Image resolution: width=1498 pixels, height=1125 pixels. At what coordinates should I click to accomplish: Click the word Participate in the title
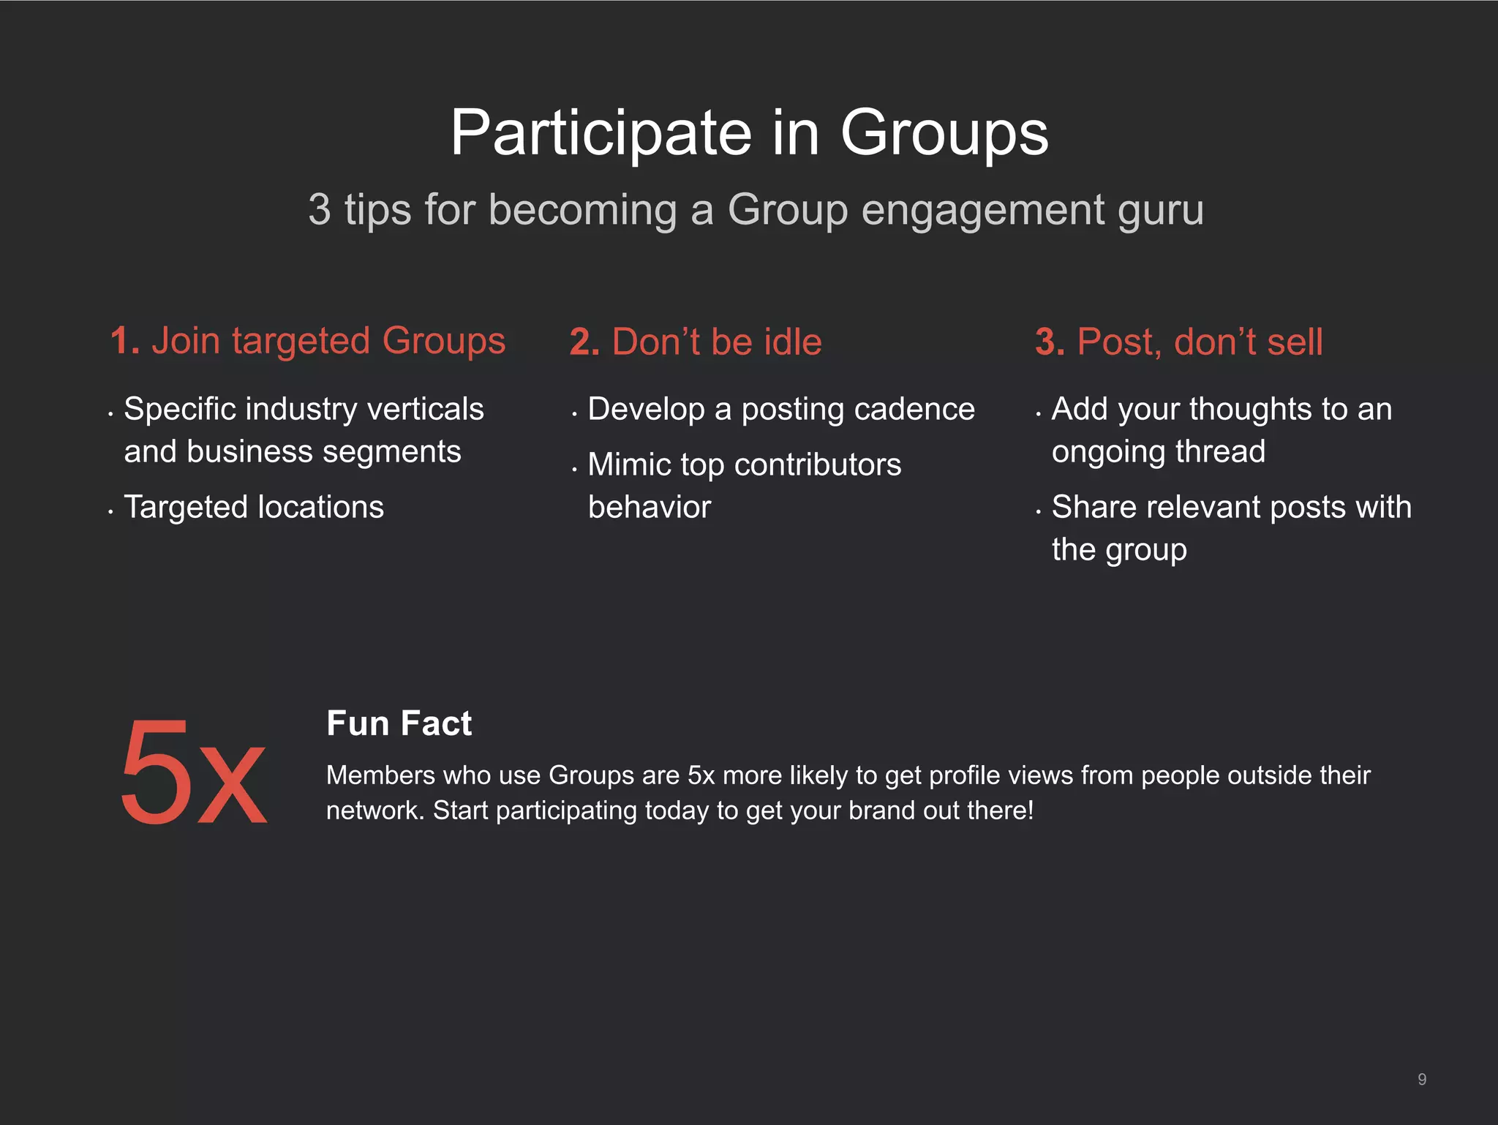coord(601,133)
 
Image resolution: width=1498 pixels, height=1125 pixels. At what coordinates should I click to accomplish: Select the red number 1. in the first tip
coord(124,341)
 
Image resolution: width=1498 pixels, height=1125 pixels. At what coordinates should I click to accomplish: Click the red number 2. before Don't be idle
coord(584,342)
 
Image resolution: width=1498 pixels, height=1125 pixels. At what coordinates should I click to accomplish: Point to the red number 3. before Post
coord(1050,342)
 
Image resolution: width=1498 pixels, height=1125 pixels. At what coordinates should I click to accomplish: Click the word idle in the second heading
coord(792,342)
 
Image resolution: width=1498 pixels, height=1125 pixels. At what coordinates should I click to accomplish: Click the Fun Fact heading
coord(399,723)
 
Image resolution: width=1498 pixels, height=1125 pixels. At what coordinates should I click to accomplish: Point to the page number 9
coord(1421,1080)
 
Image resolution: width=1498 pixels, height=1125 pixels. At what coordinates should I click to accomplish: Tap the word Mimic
coord(628,464)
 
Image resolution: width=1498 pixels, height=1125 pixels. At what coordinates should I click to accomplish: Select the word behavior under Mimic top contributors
coord(649,507)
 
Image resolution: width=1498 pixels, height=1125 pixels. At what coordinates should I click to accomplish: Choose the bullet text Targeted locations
coord(254,507)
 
